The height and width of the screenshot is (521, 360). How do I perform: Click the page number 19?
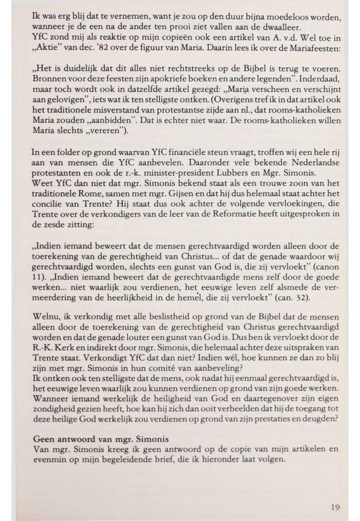(x=335, y=507)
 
